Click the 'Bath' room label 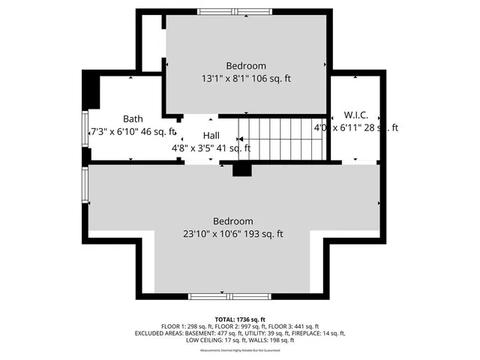click(133, 118)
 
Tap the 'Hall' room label click(211, 135)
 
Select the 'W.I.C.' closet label click(355, 115)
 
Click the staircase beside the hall click(280, 139)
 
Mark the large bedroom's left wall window click(85, 187)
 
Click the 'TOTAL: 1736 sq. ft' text click(240, 319)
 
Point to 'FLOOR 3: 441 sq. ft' click(293, 326)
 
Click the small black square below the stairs click(241, 169)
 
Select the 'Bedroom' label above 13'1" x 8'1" click(246, 66)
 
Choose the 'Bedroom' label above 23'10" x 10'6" click(232, 221)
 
